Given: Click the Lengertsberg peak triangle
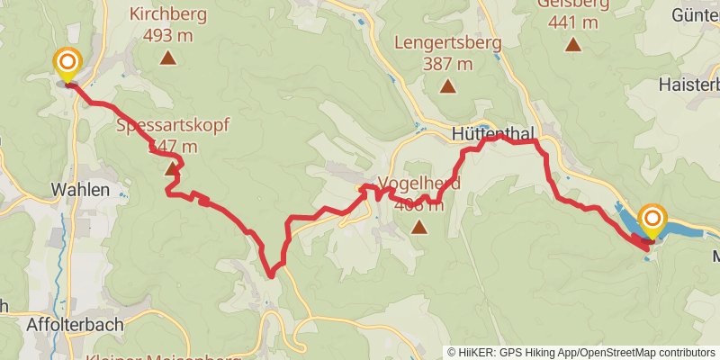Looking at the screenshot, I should (447, 87).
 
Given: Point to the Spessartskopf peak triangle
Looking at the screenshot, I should (172, 168).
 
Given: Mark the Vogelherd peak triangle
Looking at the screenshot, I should (418, 227).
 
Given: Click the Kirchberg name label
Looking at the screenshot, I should (167, 15).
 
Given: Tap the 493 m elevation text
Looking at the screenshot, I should (167, 36).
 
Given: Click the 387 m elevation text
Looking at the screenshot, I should (446, 64).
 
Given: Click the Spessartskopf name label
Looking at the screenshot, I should (173, 125).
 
